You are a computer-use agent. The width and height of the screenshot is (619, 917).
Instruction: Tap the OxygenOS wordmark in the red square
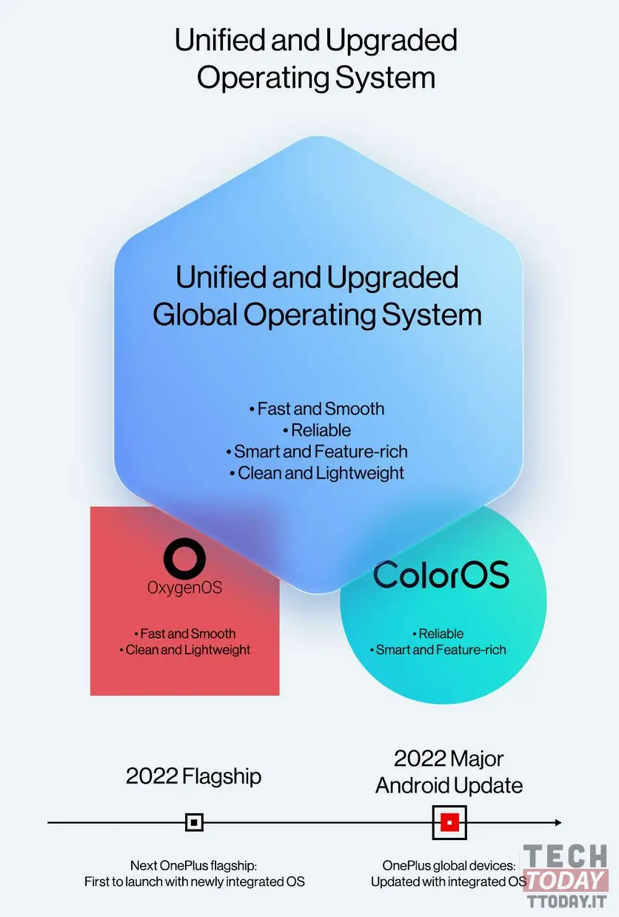185,588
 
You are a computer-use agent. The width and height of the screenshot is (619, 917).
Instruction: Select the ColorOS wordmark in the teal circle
441,574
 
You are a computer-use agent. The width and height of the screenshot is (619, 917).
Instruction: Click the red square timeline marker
449,822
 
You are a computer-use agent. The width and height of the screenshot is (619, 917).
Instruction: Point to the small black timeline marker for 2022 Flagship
194,822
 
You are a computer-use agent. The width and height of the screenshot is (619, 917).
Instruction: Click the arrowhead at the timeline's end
558,822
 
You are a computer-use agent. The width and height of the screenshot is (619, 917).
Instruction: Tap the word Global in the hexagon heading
195,315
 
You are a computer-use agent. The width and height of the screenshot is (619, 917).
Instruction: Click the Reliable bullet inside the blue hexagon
317,430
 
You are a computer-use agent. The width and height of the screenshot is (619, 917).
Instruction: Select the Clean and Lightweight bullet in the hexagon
317,473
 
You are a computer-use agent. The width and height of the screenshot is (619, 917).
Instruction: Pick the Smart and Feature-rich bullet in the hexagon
317,451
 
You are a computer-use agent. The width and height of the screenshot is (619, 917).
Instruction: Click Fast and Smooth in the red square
185,634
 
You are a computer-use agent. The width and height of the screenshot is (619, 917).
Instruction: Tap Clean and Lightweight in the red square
185,650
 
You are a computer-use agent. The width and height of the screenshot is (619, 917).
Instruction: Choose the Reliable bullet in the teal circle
438,634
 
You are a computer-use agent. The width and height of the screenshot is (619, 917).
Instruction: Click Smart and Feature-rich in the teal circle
438,650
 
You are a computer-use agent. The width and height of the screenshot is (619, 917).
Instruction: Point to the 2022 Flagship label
194,776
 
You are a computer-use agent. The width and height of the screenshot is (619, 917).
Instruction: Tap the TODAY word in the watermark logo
566,881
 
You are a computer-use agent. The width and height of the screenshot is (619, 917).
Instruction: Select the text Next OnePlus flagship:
194,865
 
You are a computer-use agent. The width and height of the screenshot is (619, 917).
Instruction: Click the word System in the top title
385,78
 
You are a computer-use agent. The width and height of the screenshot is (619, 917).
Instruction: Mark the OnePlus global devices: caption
449,865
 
